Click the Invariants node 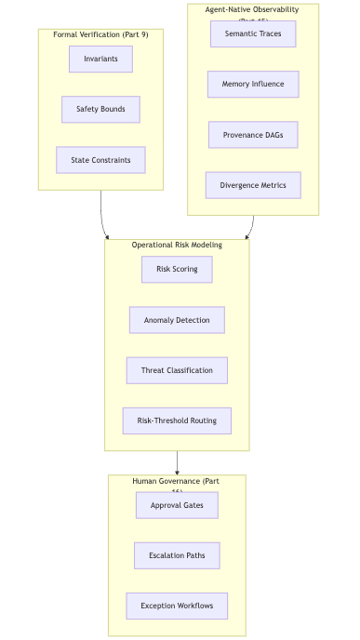[x=100, y=59]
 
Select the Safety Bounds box [x=100, y=109]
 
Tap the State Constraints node [x=100, y=160]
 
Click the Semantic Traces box [x=253, y=33]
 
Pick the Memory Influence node [x=253, y=84]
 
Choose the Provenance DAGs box [x=253, y=135]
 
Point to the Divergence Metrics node [x=253, y=185]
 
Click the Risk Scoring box [x=177, y=269]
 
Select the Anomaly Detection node [x=177, y=320]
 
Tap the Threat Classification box [x=177, y=370]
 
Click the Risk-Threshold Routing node [x=177, y=420]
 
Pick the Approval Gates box [x=177, y=505]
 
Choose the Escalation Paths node [x=177, y=555]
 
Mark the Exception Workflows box [x=177, y=606]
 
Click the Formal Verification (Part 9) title [x=100, y=34]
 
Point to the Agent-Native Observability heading [x=253, y=10]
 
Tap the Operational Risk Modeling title [x=177, y=245]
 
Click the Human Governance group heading [x=177, y=481]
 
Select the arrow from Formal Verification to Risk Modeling [x=102, y=219]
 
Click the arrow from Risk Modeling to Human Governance [x=177, y=462]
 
